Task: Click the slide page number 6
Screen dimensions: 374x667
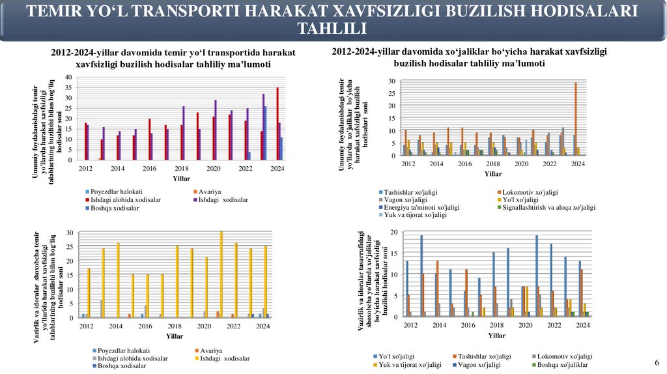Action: pos(657,363)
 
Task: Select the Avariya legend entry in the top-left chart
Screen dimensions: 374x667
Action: pos(210,192)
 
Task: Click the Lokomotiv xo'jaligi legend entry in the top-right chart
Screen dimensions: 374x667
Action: pos(529,192)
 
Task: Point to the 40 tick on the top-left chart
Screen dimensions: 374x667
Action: pos(68,78)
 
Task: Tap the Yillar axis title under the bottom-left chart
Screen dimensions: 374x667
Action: pos(175,336)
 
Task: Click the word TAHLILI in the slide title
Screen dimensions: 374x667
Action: pos(332,28)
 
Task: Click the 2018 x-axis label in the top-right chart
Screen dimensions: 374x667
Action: pos(493,164)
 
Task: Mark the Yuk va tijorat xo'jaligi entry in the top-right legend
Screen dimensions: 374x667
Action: pos(416,214)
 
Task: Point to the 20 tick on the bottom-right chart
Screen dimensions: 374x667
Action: pos(394,233)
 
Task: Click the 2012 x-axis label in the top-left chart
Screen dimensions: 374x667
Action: pos(85,168)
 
